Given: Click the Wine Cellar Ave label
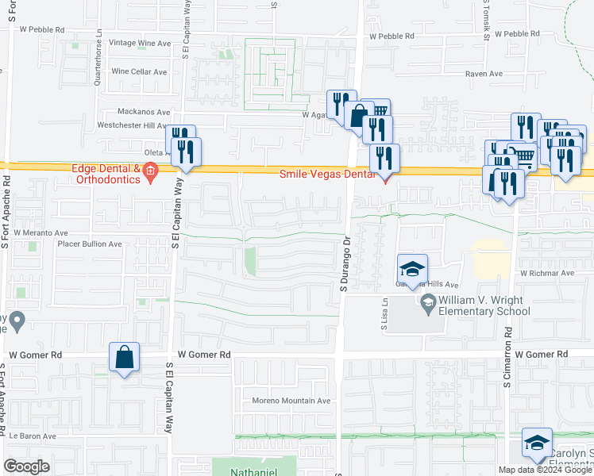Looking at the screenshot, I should (139, 71).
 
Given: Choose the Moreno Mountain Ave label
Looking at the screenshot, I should (291, 401).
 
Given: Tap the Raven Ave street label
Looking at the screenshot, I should (484, 74).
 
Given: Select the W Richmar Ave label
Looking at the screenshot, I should (546, 273).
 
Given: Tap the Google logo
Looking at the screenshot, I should (27, 466).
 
